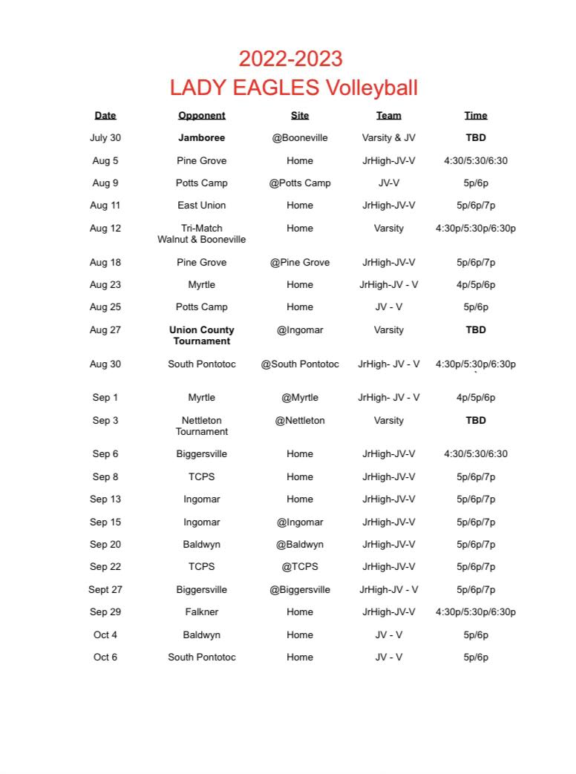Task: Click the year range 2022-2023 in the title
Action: tap(290, 59)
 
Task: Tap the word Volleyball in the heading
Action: tap(370, 88)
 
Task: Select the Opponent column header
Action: tap(201, 116)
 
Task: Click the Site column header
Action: tap(300, 116)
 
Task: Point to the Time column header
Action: tap(476, 116)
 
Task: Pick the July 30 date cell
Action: tap(105, 138)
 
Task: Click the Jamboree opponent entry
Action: tap(201, 138)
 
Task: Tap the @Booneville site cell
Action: tap(300, 138)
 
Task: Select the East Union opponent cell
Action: tap(201, 206)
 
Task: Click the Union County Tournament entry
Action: tap(201, 335)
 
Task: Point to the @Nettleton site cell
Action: tap(300, 421)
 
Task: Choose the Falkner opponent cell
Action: tap(201, 612)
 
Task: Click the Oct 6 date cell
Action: tap(105, 657)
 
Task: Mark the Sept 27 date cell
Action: tap(105, 590)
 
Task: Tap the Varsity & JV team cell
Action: tap(388, 138)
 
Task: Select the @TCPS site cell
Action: tap(300, 567)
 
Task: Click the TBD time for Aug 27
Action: tap(476, 330)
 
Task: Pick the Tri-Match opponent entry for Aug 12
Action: tap(201, 234)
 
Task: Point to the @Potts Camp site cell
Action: tap(300, 183)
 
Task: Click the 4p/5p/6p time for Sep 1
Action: tap(476, 398)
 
